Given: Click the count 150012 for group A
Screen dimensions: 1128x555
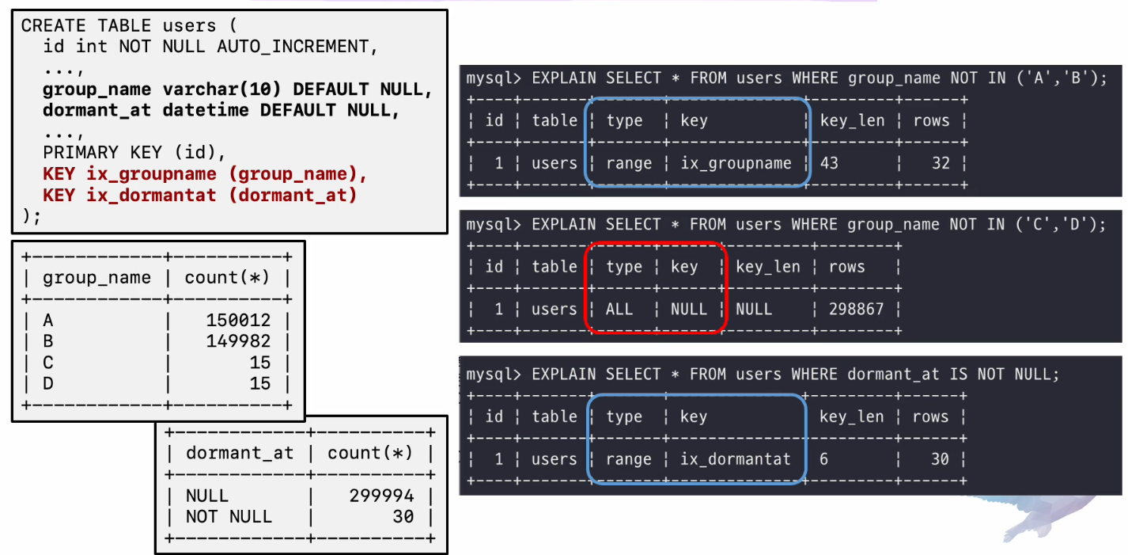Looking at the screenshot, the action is [x=238, y=320].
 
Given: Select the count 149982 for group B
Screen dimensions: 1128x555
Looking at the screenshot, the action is [x=238, y=341].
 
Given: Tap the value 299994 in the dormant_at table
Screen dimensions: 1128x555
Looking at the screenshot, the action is [x=381, y=496].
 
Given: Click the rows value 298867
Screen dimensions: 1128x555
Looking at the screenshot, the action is [x=856, y=309].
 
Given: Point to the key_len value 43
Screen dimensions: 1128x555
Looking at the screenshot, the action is [x=829, y=163].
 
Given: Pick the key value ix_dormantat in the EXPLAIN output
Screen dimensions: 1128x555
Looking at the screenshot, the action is [x=735, y=459].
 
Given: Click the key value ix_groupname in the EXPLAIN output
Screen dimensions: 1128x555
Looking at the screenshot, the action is [x=736, y=163].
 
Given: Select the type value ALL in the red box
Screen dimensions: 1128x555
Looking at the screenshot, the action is [x=619, y=309].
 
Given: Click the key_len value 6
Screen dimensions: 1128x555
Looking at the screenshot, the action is [x=823, y=459].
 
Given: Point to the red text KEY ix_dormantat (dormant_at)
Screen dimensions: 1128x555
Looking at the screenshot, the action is [x=199, y=195].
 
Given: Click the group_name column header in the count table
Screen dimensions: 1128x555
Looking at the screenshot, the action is [x=97, y=278].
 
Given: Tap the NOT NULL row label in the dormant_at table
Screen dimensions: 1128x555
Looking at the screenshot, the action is [x=229, y=517].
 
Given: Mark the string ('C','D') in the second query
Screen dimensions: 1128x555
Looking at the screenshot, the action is [x=1051, y=224].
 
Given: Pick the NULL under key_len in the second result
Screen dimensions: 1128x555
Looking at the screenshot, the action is [x=753, y=309].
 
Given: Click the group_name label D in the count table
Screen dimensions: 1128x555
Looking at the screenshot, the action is [x=49, y=384].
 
